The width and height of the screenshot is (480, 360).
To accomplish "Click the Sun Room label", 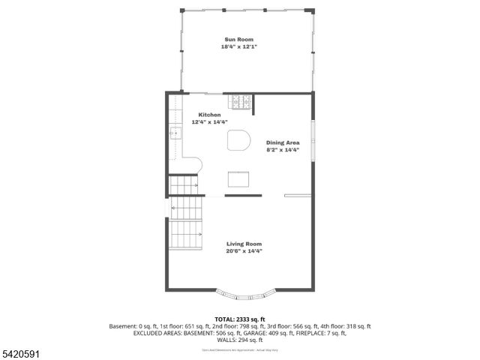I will click(x=240, y=39).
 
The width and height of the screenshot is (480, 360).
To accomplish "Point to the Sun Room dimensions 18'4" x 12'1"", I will click(x=240, y=46).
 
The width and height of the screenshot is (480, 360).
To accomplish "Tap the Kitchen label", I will click(x=209, y=115).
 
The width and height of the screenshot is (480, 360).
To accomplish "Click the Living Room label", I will click(x=244, y=244).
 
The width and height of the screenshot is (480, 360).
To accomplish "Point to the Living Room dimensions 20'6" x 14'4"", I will click(x=244, y=251).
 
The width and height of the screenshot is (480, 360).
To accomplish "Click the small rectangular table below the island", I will click(x=239, y=179).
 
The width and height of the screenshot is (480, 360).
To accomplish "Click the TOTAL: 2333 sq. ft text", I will click(x=240, y=319).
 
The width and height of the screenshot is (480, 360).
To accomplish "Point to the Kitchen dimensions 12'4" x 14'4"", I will click(x=209, y=121).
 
